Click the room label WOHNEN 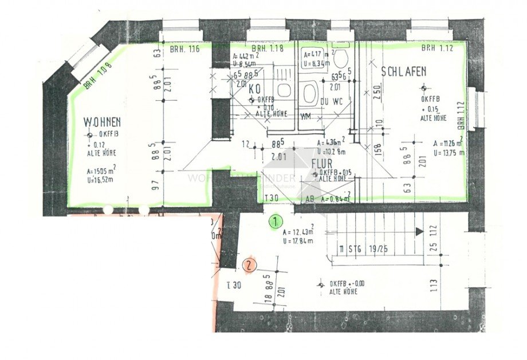[x=102, y=121]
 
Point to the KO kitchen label [x=255, y=89]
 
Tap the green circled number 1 [x=276, y=221]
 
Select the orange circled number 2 [x=249, y=265]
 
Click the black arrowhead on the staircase [x=419, y=231]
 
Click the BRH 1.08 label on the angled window [x=96, y=76]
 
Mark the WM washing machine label [x=306, y=117]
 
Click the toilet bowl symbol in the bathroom [x=343, y=58]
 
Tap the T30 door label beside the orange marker [x=233, y=284]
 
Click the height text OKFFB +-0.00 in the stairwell [x=347, y=283]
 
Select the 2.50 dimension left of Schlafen [x=377, y=91]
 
